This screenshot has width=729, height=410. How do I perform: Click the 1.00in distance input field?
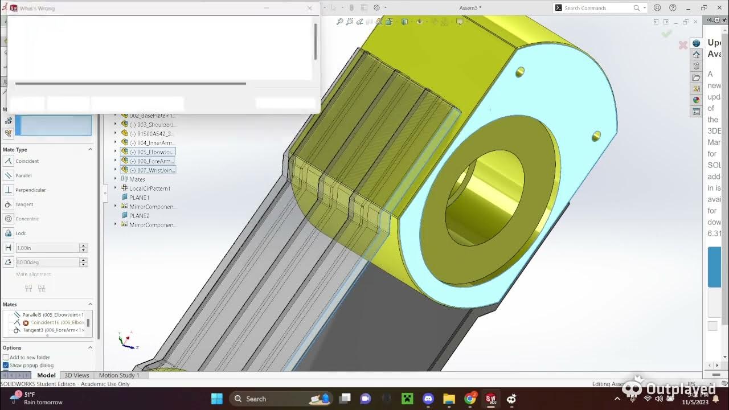[x=47, y=248]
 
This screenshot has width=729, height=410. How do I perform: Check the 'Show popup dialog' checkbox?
[x=6, y=366]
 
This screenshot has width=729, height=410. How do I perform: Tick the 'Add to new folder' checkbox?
[x=6, y=358]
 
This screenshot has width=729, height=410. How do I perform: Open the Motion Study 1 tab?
[x=118, y=375]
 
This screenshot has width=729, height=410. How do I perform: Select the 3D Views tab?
[x=76, y=375]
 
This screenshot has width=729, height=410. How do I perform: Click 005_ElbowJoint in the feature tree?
[x=151, y=152]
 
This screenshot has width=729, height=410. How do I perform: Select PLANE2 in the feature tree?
[x=139, y=216]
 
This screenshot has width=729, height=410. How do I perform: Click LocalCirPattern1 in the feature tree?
[x=149, y=188]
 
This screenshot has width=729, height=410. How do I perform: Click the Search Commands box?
[x=598, y=8]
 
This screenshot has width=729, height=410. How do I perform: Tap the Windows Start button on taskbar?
[x=217, y=399]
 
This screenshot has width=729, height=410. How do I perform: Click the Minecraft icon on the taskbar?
[x=407, y=399]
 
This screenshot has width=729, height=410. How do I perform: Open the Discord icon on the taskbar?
[x=428, y=399]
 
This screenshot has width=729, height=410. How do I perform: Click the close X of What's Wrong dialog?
[x=309, y=8]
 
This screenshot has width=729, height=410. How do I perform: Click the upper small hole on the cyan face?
[x=520, y=72]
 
